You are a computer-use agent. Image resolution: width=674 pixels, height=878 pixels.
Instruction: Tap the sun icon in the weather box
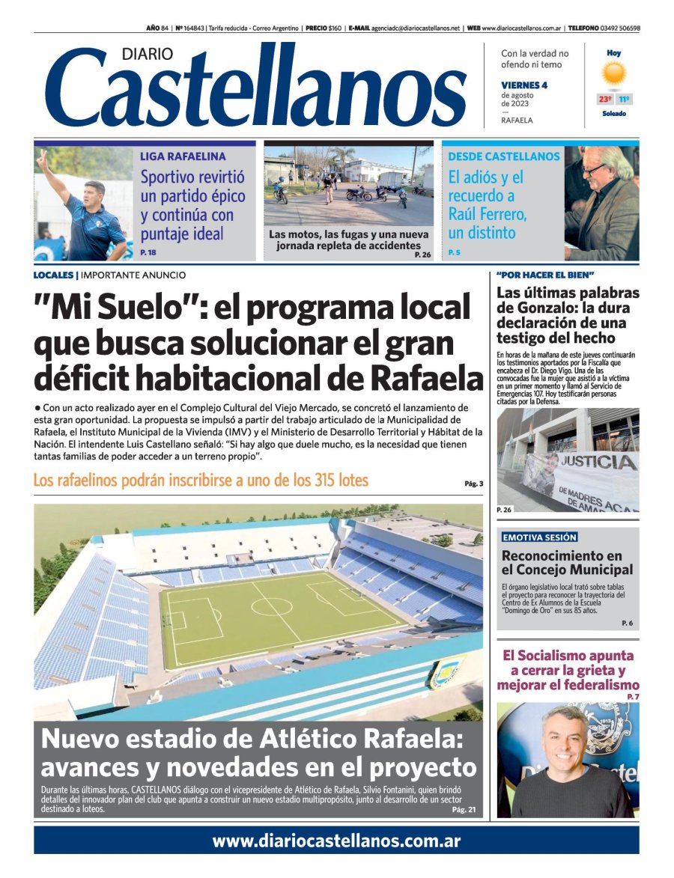pyautogui.click(x=614, y=73)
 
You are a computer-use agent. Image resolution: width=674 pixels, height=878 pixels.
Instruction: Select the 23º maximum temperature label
pyautogui.click(x=604, y=99)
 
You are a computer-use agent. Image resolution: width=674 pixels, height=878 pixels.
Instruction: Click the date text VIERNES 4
pyautogui.click(x=524, y=85)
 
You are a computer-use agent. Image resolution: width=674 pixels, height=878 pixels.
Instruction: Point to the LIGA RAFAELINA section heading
pyautogui.click(x=183, y=156)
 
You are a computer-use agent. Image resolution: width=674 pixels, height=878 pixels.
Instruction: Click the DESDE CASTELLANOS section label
pyautogui.click(x=503, y=156)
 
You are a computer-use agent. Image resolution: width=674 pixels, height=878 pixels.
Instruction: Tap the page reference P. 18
pyautogui.click(x=148, y=253)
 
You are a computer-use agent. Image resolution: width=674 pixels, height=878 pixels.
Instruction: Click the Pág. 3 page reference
pyautogui.click(x=473, y=484)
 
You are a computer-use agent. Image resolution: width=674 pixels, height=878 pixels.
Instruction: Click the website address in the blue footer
pyautogui.click(x=336, y=841)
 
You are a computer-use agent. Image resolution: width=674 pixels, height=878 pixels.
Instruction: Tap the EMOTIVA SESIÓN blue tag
pyautogui.click(x=539, y=537)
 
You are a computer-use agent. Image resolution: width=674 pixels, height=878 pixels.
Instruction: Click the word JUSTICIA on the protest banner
pyautogui.click(x=599, y=461)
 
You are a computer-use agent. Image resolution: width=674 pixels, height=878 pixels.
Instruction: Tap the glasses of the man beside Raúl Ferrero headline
pyautogui.click(x=595, y=169)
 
